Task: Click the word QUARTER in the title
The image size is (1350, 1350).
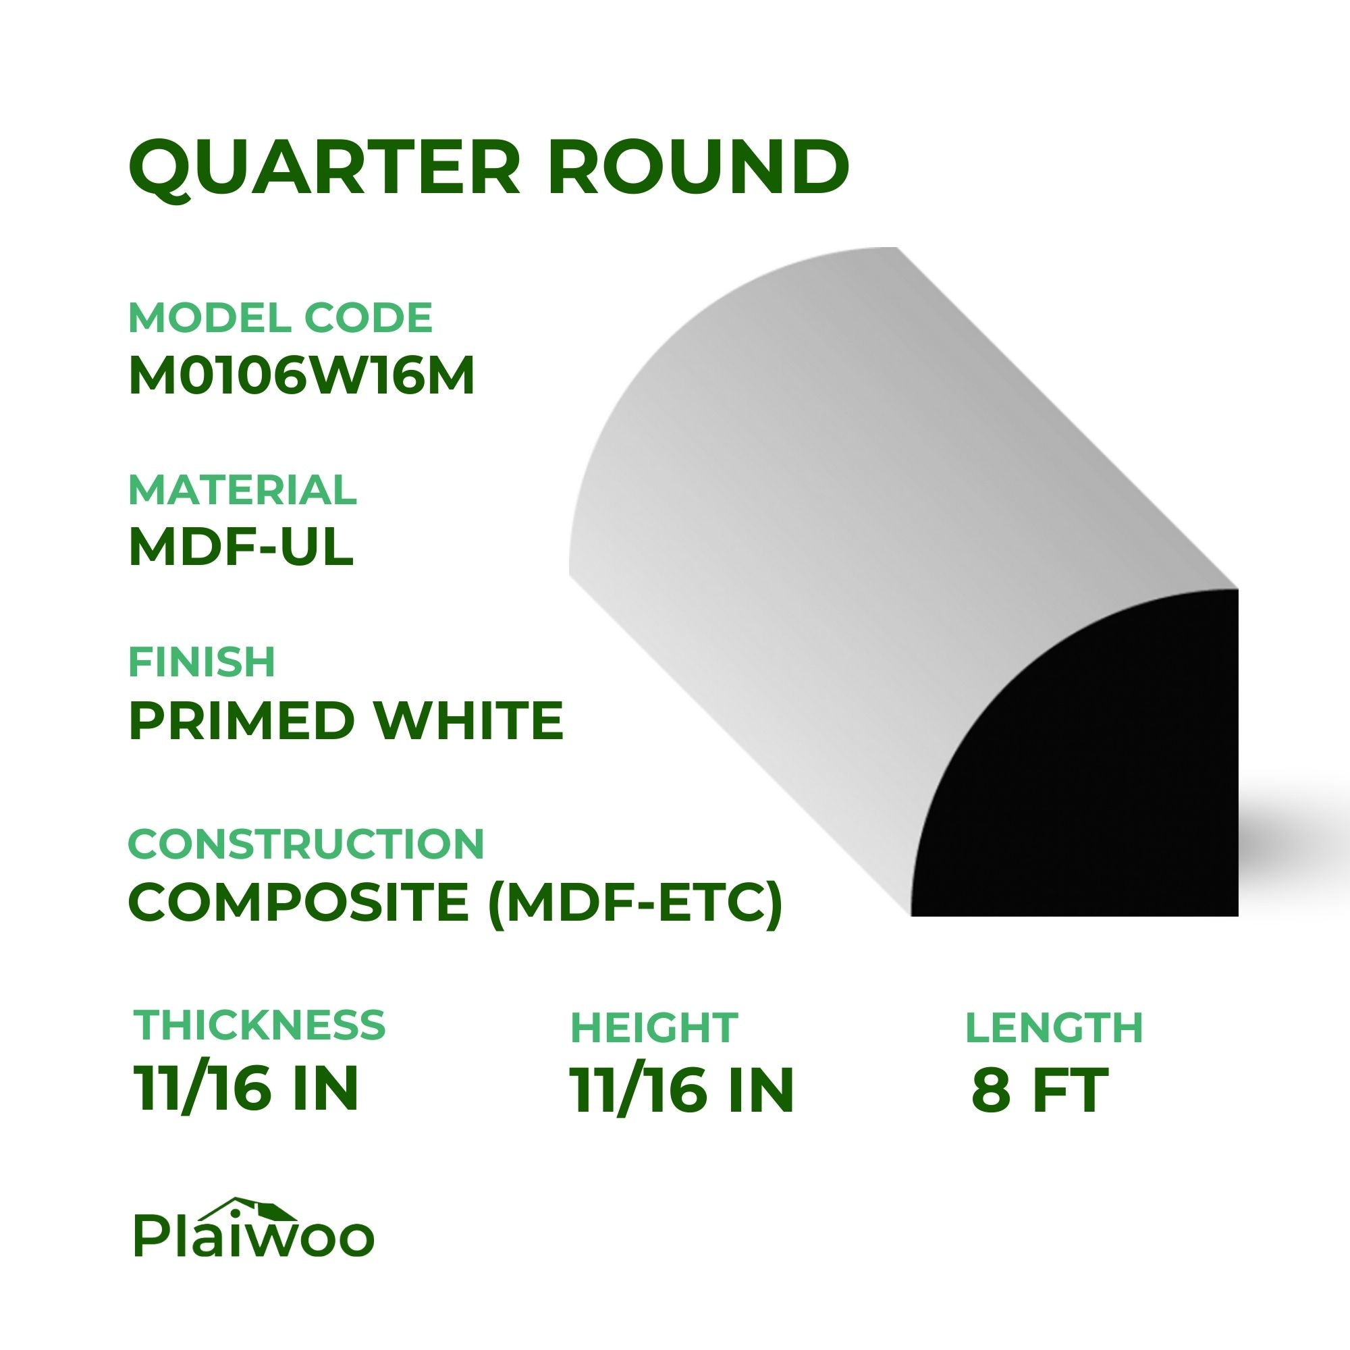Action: (x=325, y=167)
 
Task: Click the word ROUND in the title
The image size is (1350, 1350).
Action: (x=699, y=167)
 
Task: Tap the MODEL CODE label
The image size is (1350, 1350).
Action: (x=280, y=317)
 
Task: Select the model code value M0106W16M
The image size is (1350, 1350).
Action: (x=301, y=377)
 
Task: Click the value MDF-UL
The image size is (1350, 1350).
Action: (x=241, y=548)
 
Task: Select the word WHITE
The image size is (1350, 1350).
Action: (x=468, y=720)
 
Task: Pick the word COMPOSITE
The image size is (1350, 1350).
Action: (x=298, y=901)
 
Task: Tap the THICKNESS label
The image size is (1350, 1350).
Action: (x=259, y=1025)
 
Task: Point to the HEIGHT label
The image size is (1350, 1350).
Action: (x=654, y=1027)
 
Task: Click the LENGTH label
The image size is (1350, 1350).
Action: (x=1054, y=1027)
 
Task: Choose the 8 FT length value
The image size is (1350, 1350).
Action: (x=1039, y=1090)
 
